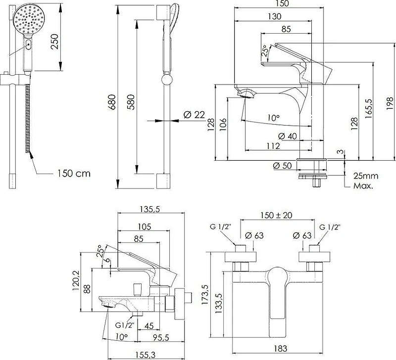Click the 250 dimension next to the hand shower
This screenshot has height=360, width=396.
pos(55,42)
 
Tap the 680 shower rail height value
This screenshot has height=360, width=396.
pos(112,102)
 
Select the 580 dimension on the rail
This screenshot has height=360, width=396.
pos(131,102)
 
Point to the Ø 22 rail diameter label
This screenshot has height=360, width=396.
pos(194,115)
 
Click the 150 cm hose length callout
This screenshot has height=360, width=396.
pos(74,173)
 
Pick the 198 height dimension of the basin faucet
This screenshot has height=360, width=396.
pos(390,103)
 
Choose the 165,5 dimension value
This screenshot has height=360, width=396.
pos(369,108)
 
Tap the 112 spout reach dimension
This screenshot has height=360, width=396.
pos(273,146)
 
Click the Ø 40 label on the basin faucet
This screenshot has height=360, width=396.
pos(288,136)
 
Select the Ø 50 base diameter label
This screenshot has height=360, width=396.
pos(282,166)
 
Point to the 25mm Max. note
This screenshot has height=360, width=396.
pos(365,181)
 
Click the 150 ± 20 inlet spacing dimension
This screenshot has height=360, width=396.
pos(276,215)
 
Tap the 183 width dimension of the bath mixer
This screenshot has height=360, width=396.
pos(280,349)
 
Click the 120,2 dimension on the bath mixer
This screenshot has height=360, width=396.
pos(76,280)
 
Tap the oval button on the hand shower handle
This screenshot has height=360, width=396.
pos(29,45)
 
